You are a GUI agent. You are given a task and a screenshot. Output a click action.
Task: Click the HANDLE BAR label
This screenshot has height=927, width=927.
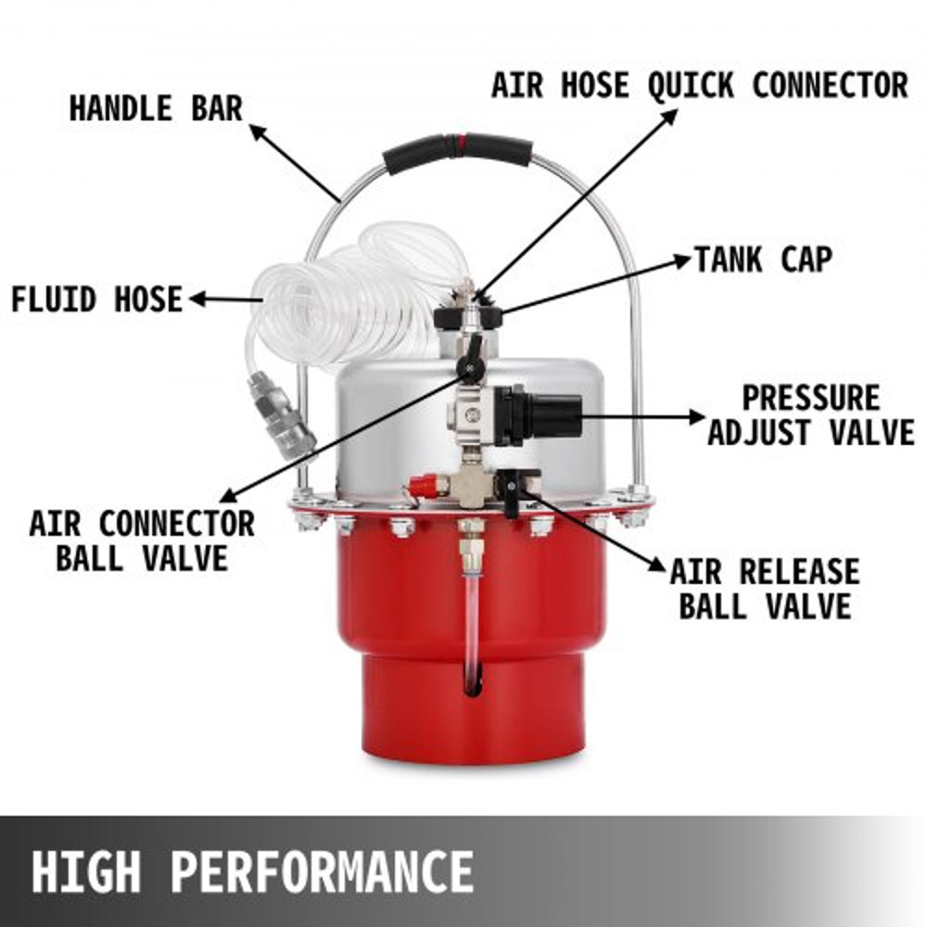coord(155,108)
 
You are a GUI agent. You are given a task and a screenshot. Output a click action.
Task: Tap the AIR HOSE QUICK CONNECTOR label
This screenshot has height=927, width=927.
coord(699,85)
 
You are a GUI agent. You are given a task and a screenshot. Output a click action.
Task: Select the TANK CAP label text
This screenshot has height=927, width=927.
coord(762,260)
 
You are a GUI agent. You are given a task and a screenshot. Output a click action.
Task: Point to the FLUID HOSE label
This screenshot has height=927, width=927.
coord(96,299)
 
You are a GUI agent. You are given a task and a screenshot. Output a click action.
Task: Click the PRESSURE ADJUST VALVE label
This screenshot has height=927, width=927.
coord(810,415)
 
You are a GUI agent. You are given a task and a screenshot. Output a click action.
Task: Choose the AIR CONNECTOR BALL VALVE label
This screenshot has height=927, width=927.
coord(141,540)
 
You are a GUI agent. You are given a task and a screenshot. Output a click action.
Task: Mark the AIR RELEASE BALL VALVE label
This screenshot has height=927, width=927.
coord(764,588)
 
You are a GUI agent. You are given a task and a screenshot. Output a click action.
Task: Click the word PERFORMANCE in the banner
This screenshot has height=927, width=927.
coord(323,871)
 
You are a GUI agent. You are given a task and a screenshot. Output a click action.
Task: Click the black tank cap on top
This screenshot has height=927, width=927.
coord(468,319)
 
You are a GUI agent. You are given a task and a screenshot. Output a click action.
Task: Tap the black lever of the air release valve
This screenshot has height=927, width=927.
coord(511,491)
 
